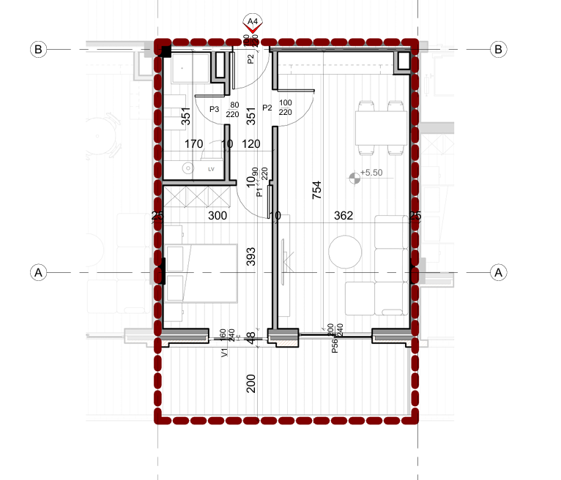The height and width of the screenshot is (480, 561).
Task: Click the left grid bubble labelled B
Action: (x=39, y=49)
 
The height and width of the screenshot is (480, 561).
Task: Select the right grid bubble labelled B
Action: (x=499, y=49)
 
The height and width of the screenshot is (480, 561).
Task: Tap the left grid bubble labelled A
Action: (x=39, y=272)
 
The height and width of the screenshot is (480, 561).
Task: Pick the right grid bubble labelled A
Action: (x=499, y=272)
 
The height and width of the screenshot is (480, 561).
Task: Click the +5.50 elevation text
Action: (x=374, y=174)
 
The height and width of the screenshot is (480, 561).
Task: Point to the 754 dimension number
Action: (x=316, y=190)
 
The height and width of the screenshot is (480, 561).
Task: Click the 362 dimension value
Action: (x=343, y=216)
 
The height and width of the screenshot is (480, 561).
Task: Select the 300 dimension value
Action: (x=218, y=216)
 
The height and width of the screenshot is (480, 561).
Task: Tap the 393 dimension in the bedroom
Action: (x=250, y=257)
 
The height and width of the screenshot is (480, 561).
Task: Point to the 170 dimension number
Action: (x=193, y=144)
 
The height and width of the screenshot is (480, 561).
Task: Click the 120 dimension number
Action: (x=251, y=144)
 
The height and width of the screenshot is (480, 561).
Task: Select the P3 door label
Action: (x=215, y=109)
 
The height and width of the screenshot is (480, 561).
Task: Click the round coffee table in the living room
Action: (x=345, y=252)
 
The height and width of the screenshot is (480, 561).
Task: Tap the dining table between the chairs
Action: (x=380, y=128)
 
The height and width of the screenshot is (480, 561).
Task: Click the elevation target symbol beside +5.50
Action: (x=355, y=175)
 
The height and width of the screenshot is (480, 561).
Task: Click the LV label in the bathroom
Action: (x=212, y=169)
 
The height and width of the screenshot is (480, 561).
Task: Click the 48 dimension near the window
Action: (x=251, y=338)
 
